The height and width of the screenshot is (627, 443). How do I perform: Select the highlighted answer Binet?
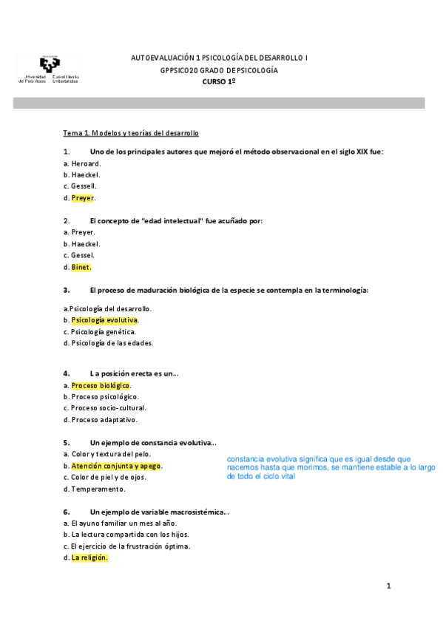81,267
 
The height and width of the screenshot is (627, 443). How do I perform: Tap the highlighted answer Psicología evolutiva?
104,320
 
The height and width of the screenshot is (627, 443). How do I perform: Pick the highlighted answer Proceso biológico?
101,386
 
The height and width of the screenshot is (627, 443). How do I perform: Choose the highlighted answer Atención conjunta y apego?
116,466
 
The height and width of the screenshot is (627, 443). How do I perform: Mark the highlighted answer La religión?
89,558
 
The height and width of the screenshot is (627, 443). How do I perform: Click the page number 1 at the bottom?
388,586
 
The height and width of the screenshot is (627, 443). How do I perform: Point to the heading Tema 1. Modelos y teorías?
131,133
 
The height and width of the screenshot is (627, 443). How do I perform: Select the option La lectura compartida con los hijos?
120,535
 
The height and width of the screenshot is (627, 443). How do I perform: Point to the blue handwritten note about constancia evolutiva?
330,467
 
